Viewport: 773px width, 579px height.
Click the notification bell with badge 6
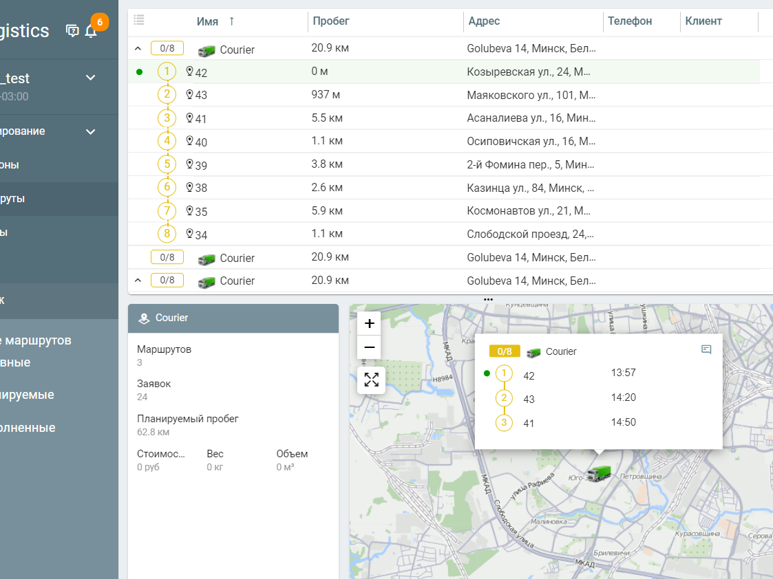tap(91, 30)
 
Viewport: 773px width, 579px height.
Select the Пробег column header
tap(331, 21)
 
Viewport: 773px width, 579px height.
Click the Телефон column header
tap(630, 21)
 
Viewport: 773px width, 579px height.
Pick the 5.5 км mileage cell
tap(327, 118)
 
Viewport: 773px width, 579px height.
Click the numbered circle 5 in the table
tap(167, 164)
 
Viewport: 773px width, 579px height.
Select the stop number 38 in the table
tap(200, 188)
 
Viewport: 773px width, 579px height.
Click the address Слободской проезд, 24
tap(531, 234)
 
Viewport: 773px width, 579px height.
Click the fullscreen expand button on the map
tap(371, 380)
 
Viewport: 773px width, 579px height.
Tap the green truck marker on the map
tap(599, 473)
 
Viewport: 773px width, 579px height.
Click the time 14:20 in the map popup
tap(623, 397)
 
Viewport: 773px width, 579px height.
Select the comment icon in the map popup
tap(706, 349)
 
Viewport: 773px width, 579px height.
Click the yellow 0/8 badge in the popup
tap(504, 351)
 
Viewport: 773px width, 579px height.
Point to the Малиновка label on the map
tap(548, 522)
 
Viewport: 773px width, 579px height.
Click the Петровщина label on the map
tap(640, 476)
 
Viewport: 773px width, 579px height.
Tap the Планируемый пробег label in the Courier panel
tap(187, 418)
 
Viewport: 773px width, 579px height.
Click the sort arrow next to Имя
tap(231, 21)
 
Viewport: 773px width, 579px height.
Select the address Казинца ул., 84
tap(530, 188)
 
